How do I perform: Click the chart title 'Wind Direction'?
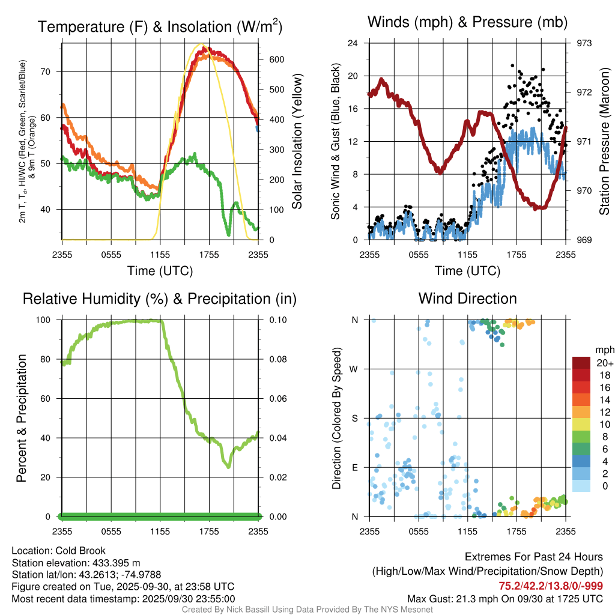tap(467, 298)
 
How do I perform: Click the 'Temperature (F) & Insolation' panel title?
tap(160, 27)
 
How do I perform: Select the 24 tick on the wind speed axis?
tap(353, 43)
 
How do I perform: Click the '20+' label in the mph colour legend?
tap(603, 363)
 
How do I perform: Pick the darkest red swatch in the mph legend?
tap(581, 363)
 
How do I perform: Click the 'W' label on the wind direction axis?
tap(354, 369)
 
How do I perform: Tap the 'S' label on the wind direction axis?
tap(354, 418)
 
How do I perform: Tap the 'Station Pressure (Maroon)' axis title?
tap(605, 142)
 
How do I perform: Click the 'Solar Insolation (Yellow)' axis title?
tap(297, 142)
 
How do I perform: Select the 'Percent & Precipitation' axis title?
tap(22, 418)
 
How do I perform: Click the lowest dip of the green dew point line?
tap(228, 233)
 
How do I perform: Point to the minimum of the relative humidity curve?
tap(228, 466)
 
